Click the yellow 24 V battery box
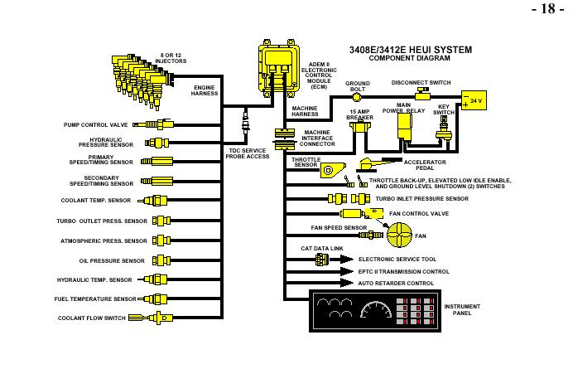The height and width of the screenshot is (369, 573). point(474,100)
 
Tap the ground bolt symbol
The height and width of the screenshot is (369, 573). point(357,97)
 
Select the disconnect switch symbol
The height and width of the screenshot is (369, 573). point(422,95)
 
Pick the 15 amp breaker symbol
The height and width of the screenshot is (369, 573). point(360,126)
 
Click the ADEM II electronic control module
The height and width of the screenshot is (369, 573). point(278,68)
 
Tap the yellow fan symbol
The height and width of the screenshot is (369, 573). point(399,235)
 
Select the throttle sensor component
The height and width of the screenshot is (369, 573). point(333,170)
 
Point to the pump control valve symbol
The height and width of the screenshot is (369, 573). point(152,124)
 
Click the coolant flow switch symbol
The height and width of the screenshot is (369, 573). point(151,318)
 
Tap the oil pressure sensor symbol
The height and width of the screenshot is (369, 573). point(161,260)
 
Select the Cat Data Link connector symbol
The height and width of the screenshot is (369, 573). point(322,260)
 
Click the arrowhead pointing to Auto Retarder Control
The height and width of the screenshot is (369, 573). point(346,283)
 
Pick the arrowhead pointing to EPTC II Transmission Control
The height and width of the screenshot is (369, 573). point(346,271)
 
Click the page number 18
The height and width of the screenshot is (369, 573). point(548,8)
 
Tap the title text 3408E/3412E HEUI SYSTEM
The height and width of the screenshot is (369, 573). point(411,50)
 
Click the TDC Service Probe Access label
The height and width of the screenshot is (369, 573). point(248,153)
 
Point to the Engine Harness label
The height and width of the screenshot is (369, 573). point(205,90)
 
